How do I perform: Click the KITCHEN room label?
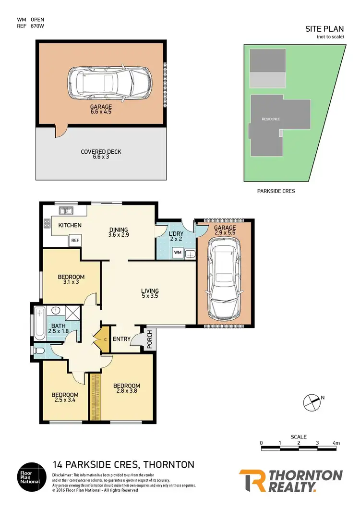coord(70,225)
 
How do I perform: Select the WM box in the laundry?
coord(177,252)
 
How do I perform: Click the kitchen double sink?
coord(66,210)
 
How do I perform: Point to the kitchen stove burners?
coord(48,223)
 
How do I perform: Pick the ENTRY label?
coord(121,339)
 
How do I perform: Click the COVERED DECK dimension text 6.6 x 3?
coord(101,157)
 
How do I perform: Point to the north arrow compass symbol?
coord(312,402)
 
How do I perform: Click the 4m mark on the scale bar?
coord(336,443)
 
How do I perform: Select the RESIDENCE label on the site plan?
coord(271,119)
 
